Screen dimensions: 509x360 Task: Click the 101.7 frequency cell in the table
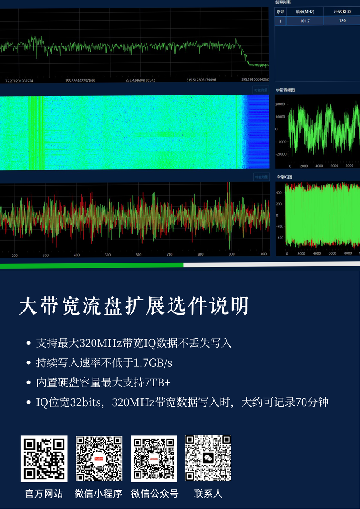[x=305, y=20]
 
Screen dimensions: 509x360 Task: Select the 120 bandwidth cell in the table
[x=342, y=20]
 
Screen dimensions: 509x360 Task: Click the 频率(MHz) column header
[x=305, y=12]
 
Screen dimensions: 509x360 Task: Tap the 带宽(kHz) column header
[x=342, y=12]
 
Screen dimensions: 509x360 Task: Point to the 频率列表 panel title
[x=283, y=3]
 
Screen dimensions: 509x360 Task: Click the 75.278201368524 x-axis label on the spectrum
[x=19, y=80]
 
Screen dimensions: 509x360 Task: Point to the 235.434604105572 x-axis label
[x=140, y=80]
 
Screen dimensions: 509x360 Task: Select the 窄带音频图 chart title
[x=285, y=90]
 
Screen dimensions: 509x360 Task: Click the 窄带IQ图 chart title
[x=284, y=177]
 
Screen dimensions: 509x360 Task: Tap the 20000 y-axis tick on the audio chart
[x=280, y=104]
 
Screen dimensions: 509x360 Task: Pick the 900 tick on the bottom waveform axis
[x=231, y=255]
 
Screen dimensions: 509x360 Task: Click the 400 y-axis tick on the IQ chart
[x=279, y=192]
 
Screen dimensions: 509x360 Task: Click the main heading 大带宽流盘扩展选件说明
[x=134, y=307]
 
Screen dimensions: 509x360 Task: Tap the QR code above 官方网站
[x=44, y=459]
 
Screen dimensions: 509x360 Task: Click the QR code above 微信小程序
[x=99, y=459]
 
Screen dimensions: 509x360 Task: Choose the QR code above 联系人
[x=208, y=459]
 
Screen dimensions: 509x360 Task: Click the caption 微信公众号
[x=154, y=494]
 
